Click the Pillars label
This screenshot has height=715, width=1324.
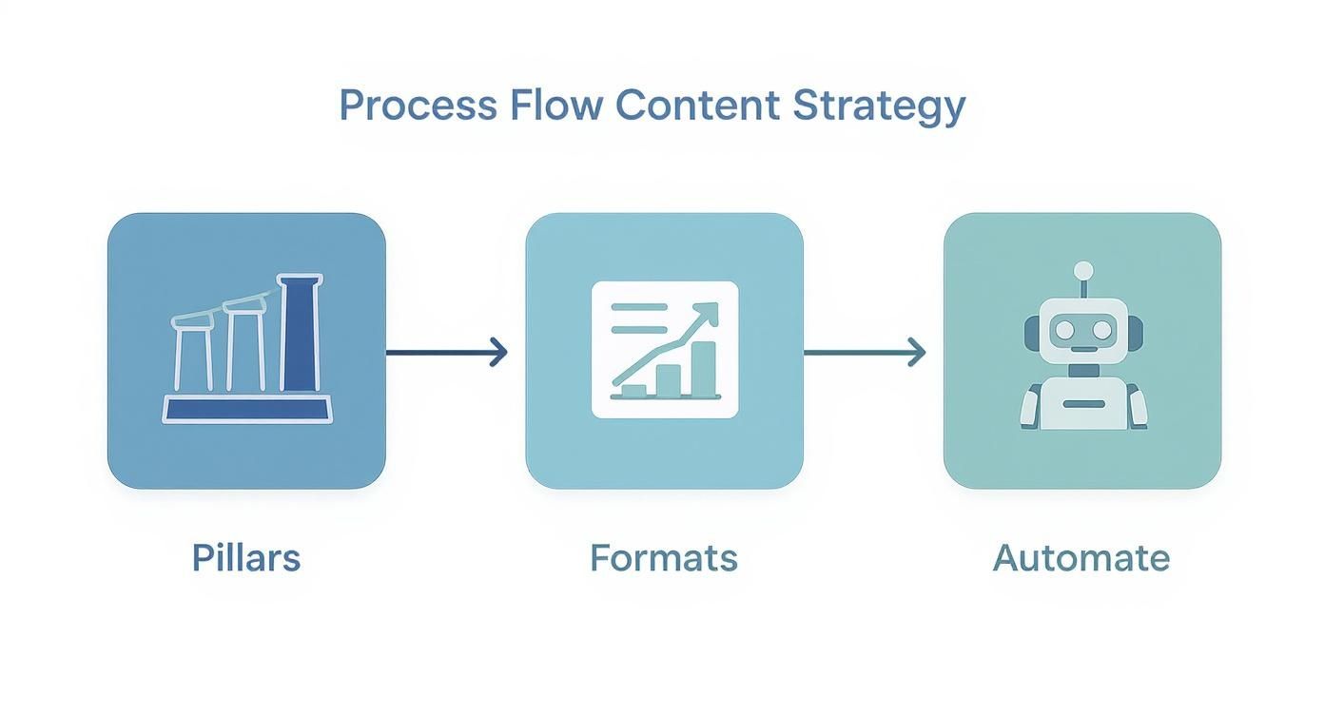coord(246,557)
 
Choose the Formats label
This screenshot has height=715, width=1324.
coord(664,557)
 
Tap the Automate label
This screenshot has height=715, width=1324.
coord(1081,557)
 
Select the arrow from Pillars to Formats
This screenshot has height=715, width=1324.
coord(446,353)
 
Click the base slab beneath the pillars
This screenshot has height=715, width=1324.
coord(247,409)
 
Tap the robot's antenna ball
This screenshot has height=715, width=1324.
coord(1082,270)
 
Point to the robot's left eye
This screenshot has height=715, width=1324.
coord(1064,330)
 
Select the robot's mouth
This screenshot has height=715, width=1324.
coord(1082,350)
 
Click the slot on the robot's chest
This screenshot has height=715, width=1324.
coord(1082,404)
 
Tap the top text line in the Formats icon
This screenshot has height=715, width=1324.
coord(639,307)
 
